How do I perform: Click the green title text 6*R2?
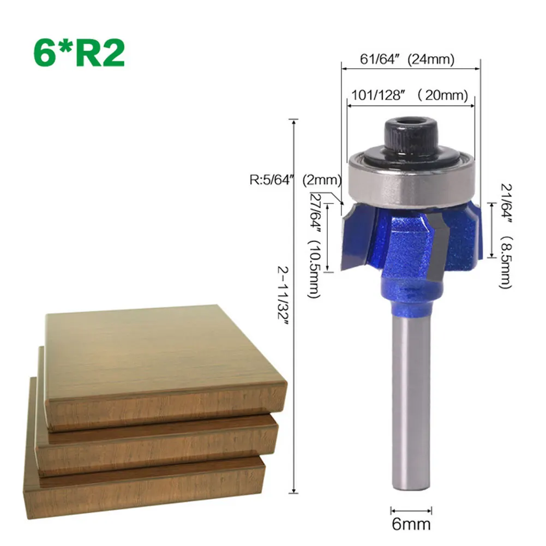point(80,53)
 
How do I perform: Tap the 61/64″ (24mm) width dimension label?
point(407,59)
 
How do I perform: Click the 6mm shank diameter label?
point(411,525)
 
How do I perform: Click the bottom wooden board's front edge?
point(147,488)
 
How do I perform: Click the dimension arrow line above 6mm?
point(411,511)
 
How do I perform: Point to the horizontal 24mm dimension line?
point(410,68)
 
